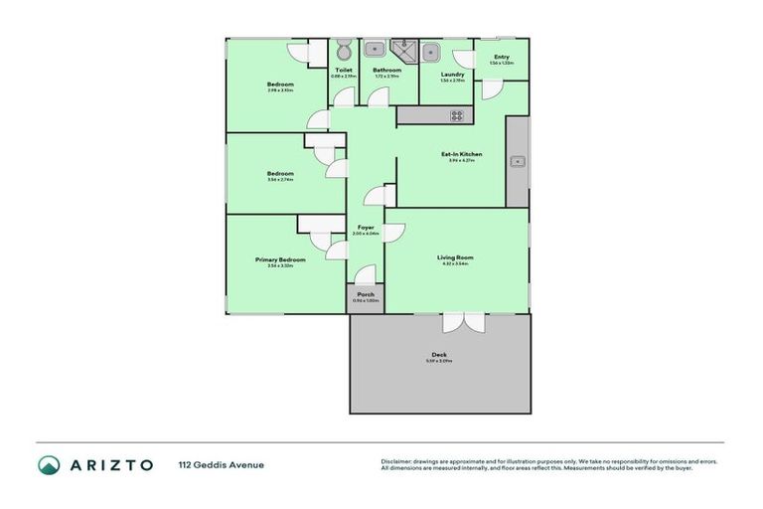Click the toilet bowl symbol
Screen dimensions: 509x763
(x=343, y=50)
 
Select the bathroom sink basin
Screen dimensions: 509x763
(x=375, y=50)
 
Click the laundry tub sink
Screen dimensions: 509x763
(x=432, y=51)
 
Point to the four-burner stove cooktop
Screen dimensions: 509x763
(x=456, y=115)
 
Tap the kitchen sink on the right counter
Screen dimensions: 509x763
(x=518, y=160)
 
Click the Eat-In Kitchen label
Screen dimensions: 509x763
(x=461, y=154)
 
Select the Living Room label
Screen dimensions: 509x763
(x=455, y=257)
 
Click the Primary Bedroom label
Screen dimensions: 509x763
(x=279, y=259)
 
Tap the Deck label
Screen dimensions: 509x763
(x=439, y=355)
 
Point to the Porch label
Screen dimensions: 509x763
(x=366, y=295)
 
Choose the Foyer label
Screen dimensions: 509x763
(x=366, y=228)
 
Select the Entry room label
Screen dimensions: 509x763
(x=502, y=57)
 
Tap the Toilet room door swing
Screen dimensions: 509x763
(x=343, y=96)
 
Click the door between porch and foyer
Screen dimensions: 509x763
(x=366, y=274)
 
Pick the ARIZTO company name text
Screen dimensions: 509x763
(x=109, y=464)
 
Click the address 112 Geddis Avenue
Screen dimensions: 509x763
(x=221, y=464)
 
